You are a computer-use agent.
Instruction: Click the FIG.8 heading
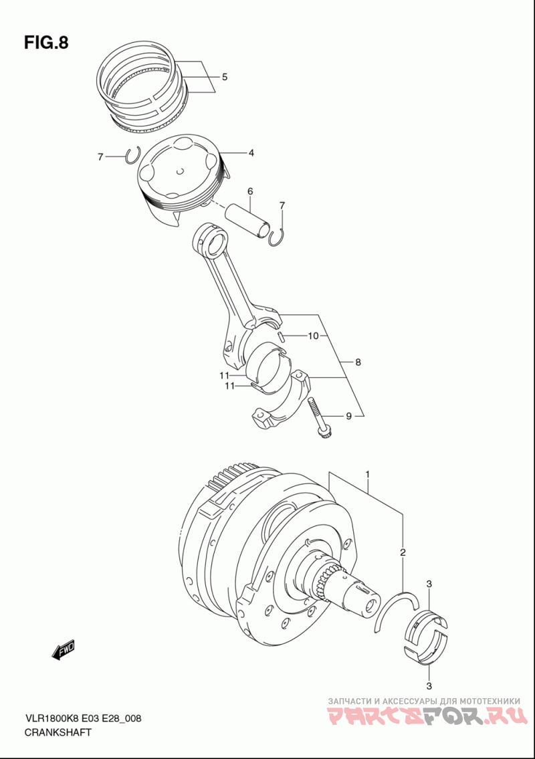coord(47,43)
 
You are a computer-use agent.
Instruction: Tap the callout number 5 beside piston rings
coord(225,77)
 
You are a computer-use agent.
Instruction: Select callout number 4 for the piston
coord(251,153)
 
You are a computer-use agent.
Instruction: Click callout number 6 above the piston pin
coord(250,191)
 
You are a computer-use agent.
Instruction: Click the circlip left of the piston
coord(132,155)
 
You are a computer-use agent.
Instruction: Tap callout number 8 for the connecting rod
coord(358,362)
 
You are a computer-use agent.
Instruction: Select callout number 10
coord(313,336)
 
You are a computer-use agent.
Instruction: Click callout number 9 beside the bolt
coord(348,415)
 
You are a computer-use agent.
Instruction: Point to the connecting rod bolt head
coord(322,433)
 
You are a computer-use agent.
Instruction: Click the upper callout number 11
coord(223,376)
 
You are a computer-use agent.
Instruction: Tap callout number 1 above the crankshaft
coord(368,475)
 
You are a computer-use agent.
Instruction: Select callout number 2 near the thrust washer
coord(403,552)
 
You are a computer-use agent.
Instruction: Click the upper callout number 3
coord(429,584)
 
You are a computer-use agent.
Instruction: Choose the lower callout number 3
coord(429,685)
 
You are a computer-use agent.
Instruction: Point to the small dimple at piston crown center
coord(179,171)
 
